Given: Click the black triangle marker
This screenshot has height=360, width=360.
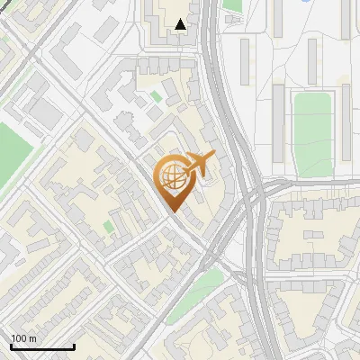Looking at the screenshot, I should click(x=181, y=24).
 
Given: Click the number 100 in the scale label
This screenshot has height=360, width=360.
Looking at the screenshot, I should click(x=19, y=338).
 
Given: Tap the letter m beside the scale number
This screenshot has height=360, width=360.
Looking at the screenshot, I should click(x=32, y=338).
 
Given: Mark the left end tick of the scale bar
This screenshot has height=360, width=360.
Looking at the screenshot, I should click(x=10, y=346).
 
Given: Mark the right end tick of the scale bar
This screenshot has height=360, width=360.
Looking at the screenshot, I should click(x=73, y=346).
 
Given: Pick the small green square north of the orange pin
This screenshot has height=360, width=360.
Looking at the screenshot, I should click(x=157, y=95).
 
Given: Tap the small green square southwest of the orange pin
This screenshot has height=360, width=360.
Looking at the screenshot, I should click(x=109, y=226).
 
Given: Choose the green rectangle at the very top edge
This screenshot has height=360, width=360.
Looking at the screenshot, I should click(x=232, y=4).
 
